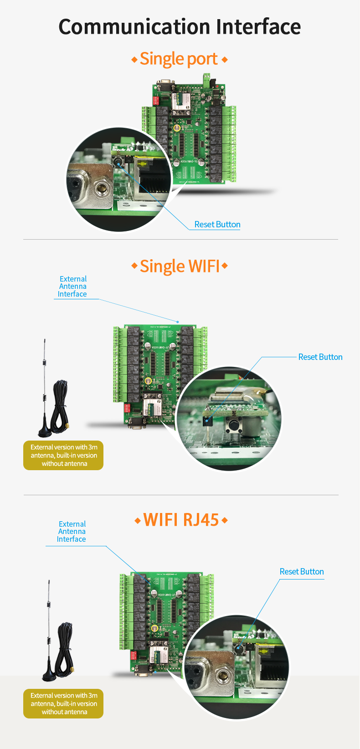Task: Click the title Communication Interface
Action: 180,27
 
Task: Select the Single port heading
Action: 179,59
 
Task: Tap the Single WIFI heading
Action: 180,266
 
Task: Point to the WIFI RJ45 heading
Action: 181,519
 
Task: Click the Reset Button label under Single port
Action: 217,224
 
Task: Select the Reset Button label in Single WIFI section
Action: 320,357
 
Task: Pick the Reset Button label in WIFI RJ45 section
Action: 301,571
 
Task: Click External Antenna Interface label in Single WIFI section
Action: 72,287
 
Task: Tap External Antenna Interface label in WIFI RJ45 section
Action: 72,532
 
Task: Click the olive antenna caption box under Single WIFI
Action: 63,455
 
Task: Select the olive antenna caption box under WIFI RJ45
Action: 63,703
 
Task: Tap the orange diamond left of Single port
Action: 134,60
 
